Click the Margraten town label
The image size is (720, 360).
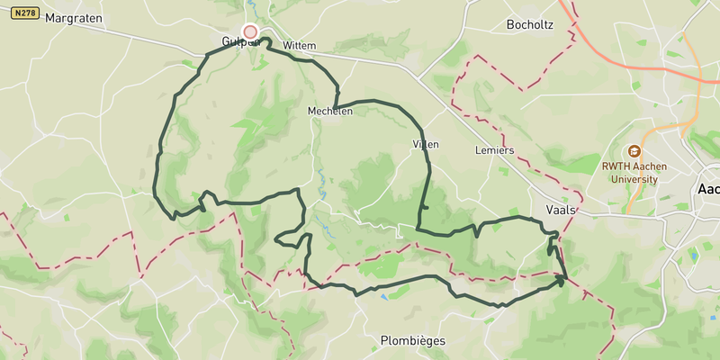(74, 18)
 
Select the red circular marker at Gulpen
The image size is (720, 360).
(250, 31)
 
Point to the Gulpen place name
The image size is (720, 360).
(240, 42)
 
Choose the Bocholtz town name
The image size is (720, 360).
(530, 24)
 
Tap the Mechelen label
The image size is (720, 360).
(329, 112)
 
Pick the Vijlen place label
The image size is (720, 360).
(425, 144)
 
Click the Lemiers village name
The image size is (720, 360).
(494, 150)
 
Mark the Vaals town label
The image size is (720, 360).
(561, 208)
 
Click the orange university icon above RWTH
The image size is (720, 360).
(635, 151)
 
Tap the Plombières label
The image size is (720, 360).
(408, 342)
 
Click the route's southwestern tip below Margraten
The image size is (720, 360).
(174, 217)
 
